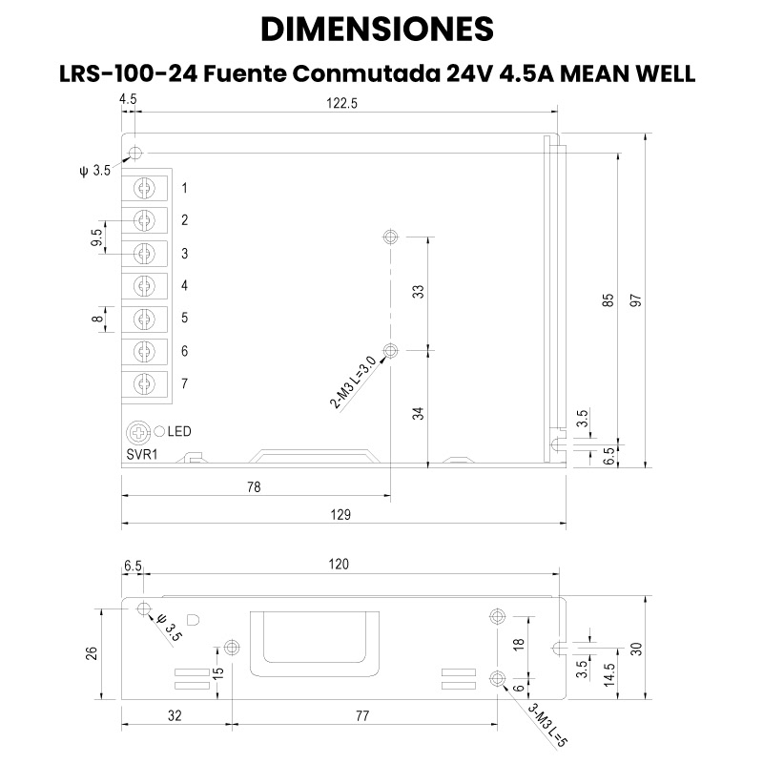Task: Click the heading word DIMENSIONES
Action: coord(377,30)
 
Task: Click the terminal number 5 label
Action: coord(184,318)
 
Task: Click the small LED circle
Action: coord(160,432)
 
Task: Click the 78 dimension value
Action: coord(254,487)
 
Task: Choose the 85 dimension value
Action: coord(608,299)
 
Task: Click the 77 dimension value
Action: coord(362,713)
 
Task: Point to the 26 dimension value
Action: coord(93,653)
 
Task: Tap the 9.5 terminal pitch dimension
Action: coord(96,237)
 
